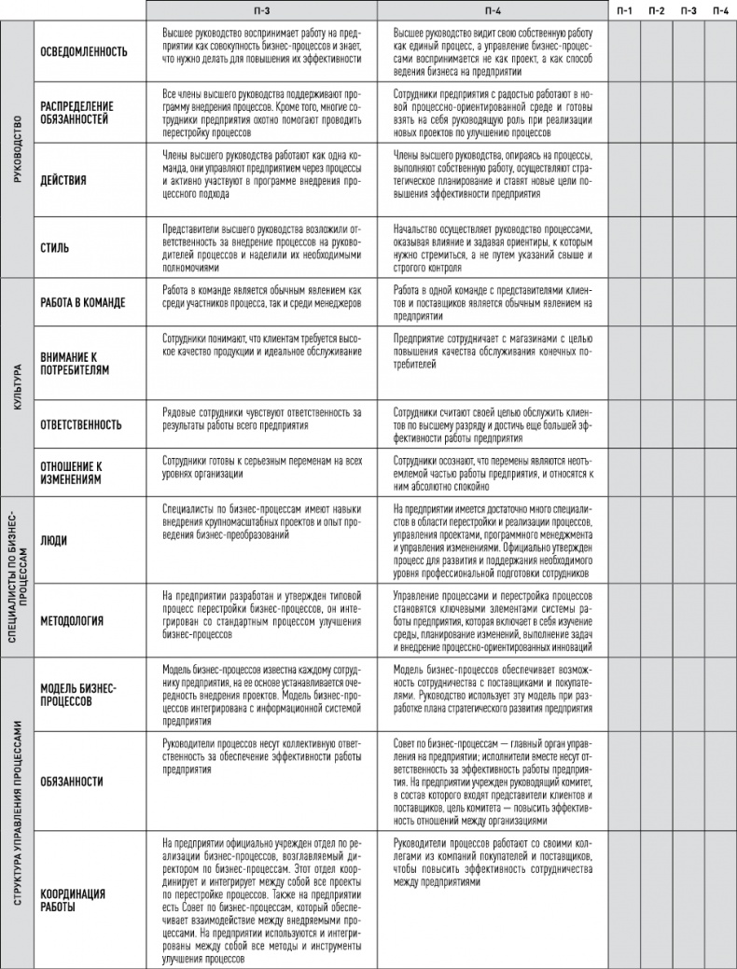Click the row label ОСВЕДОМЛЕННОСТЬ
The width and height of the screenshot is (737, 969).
click(x=84, y=51)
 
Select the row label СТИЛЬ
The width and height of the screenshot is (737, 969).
click(x=53, y=248)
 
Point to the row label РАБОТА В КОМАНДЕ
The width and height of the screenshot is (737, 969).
click(x=83, y=303)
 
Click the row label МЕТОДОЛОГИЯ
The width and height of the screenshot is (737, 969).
click(x=72, y=620)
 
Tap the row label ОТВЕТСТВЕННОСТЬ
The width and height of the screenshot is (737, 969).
click(x=81, y=424)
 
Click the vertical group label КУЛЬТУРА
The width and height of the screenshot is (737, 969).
click(x=16, y=387)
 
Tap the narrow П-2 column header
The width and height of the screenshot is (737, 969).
click(x=657, y=10)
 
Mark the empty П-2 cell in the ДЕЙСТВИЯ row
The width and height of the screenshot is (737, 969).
click(x=657, y=180)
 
